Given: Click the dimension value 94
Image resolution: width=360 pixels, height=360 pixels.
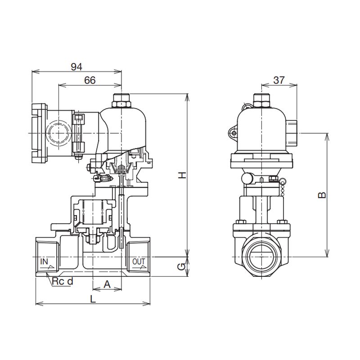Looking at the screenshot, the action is pos(76,67).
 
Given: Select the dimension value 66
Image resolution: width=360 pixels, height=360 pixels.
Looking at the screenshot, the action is pos(90,81).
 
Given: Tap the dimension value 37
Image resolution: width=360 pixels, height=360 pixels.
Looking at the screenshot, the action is pos(279,80).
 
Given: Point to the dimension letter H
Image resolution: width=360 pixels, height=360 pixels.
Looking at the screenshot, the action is pos(182,175).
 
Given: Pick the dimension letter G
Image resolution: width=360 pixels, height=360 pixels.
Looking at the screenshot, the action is pos(182,266).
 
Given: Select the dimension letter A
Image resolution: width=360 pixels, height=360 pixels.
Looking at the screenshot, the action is pos(107,284).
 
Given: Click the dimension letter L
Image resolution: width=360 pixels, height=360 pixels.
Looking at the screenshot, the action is pos(93,299).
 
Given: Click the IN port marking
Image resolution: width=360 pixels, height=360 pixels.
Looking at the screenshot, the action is pos(44,261).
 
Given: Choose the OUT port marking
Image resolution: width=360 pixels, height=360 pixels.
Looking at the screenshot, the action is pos(139,261).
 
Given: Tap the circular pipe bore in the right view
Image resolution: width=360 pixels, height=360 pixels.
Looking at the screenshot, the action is pos(261,256).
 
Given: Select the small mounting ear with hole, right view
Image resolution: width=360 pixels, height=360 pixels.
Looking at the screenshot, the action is pos(233,133).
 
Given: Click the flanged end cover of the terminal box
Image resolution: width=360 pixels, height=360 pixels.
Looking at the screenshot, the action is pos(39,133).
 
